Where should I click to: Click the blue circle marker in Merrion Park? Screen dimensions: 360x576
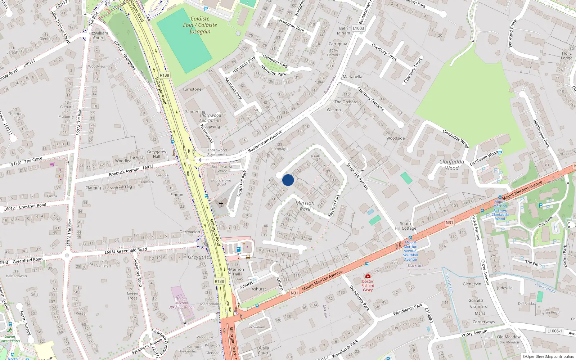(x=288, y=180)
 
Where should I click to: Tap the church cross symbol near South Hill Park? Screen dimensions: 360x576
(x=221, y=204)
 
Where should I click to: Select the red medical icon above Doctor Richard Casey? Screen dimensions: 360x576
(x=368, y=276)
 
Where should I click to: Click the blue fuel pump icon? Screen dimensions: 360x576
(x=238, y=249)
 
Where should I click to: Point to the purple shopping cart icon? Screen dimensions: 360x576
(x=52, y=164)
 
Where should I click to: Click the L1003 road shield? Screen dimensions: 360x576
(x=358, y=28)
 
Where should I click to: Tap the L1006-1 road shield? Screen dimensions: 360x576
(x=554, y=331)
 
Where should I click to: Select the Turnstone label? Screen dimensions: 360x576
(x=192, y=89)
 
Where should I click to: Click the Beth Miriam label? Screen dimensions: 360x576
(x=343, y=31)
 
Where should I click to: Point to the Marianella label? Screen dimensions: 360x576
(x=352, y=77)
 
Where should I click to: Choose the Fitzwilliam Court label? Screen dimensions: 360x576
(x=98, y=35)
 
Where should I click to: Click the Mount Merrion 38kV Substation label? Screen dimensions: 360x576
(x=182, y=303)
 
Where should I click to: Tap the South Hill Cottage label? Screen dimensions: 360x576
(x=405, y=226)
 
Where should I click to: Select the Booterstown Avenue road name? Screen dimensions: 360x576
(x=265, y=141)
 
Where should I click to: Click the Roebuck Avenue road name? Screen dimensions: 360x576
(x=124, y=171)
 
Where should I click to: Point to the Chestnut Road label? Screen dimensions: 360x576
(x=32, y=206)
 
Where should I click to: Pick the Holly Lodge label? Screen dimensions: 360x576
(x=567, y=55)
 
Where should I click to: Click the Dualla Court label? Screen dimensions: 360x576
(x=263, y=350)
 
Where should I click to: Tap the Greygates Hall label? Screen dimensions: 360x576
(x=157, y=154)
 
